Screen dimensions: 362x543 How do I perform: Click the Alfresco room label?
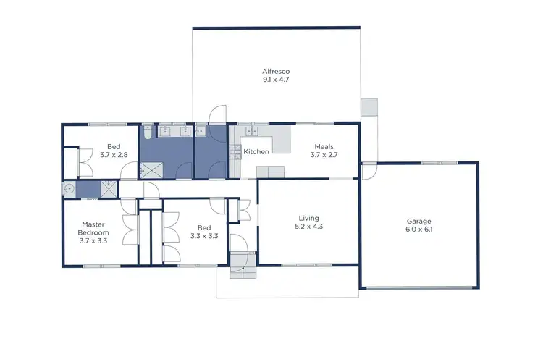[x=276, y=71]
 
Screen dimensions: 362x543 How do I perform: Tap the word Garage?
[x=419, y=221]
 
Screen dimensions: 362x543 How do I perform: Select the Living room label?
[x=309, y=218]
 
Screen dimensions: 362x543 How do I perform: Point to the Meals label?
[x=324, y=146]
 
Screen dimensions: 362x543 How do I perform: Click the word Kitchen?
[x=256, y=152]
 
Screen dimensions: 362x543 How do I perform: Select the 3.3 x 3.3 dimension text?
[x=204, y=236]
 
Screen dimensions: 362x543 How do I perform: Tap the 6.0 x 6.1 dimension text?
[x=419, y=230]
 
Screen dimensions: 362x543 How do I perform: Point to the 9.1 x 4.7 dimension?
[x=276, y=80]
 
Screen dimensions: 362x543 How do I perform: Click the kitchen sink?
[x=252, y=132]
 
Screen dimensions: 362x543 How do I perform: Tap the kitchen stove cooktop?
[x=235, y=151]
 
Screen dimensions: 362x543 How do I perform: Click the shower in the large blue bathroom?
[x=151, y=170]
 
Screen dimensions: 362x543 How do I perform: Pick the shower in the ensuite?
[x=109, y=190]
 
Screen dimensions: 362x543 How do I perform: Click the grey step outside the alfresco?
[x=370, y=106]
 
